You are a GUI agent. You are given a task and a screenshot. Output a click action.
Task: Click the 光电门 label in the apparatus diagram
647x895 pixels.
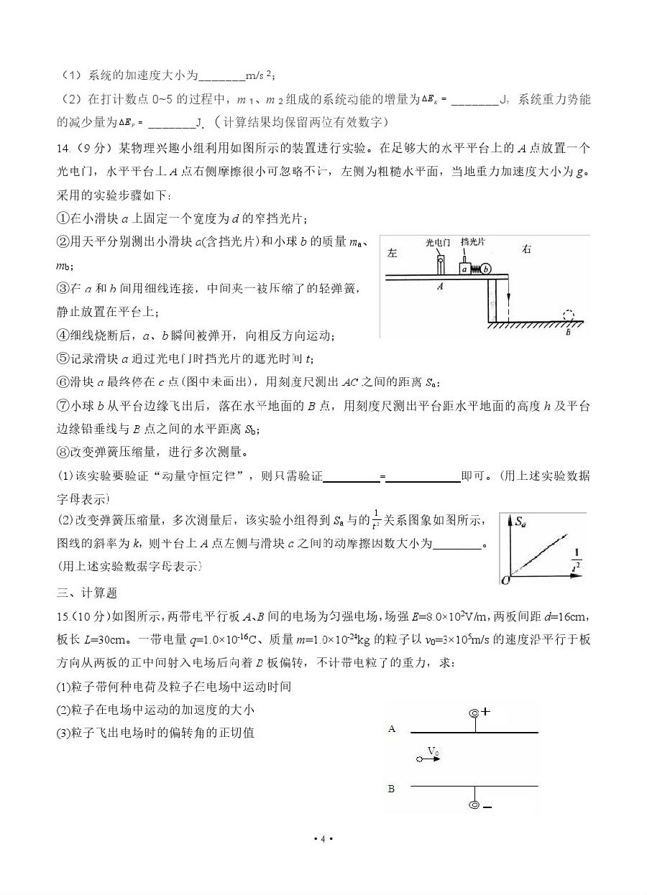tap(437, 244)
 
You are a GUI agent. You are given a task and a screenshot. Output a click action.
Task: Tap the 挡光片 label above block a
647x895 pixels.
tap(472, 244)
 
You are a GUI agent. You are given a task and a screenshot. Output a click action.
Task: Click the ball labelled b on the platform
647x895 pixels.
tap(486, 269)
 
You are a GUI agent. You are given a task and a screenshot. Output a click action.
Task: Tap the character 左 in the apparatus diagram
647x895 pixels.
tap(392, 253)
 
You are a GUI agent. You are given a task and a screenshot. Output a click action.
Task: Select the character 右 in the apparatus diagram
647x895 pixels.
tap(527, 250)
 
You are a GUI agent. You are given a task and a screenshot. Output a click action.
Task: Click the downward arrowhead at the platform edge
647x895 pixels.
tap(506, 303)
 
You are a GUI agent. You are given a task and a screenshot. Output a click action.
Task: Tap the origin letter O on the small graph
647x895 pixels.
tap(504, 580)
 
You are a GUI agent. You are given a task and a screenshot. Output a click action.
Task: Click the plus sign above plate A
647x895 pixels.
tap(486, 712)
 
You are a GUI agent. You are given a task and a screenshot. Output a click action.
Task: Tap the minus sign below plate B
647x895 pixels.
tap(487, 807)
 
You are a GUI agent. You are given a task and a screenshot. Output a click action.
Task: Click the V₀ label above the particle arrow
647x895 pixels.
tap(433, 751)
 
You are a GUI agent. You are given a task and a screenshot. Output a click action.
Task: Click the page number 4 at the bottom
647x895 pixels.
tap(323, 839)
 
